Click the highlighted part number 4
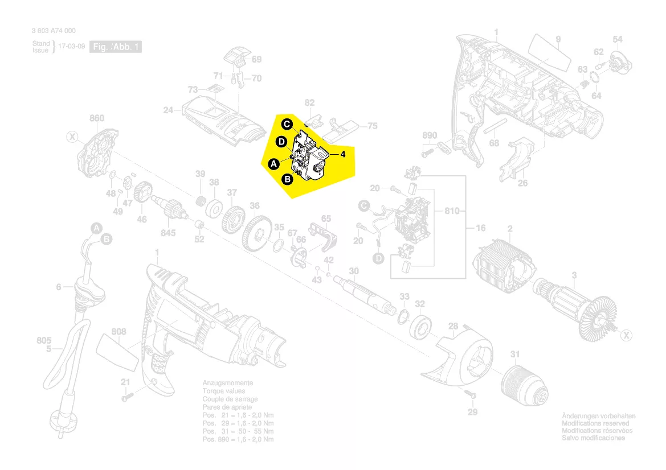pyautogui.click(x=344, y=154)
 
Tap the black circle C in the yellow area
pyautogui.click(x=288, y=123)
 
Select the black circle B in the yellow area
pyautogui.click(x=288, y=179)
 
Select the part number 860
pyautogui.click(x=97, y=118)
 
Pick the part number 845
pyautogui.click(x=168, y=233)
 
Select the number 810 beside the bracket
pyautogui.click(x=452, y=212)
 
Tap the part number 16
pyautogui.click(x=480, y=228)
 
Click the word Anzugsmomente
pyautogui.click(x=227, y=384)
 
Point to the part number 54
pyautogui.click(x=618, y=39)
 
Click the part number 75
pyautogui.click(x=373, y=126)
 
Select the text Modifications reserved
pyautogui.click(x=595, y=423)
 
